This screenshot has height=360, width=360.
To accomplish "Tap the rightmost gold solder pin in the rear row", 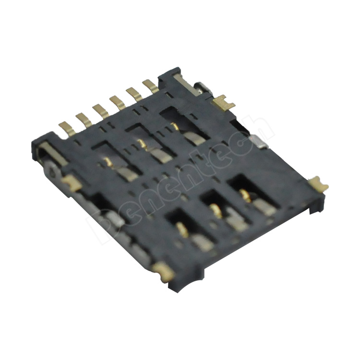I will [150, 86].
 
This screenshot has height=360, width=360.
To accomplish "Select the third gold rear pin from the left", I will [100, 110].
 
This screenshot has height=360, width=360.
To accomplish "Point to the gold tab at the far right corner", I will [318, 184].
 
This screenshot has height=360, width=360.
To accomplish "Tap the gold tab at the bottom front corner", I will [163, 271].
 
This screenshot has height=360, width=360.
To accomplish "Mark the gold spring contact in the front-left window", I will [182, 229].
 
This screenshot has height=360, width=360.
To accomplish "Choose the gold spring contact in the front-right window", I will [246, 195].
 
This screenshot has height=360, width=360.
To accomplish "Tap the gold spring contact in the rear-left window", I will [108, 162].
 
